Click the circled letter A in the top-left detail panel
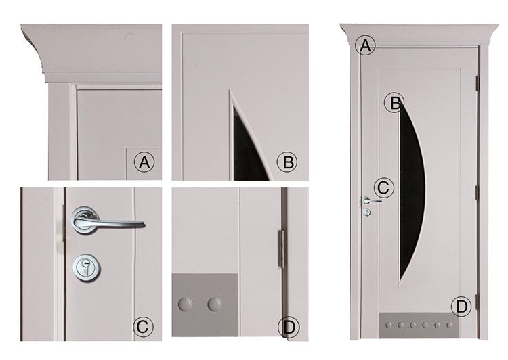click(x=144, y=162)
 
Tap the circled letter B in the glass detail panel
click(x=287, y=162)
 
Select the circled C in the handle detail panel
click(x=143, y=327)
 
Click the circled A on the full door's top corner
click(x=365, y=45)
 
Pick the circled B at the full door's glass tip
click(x=394, y=103)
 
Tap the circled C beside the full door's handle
click(x=384, y=187)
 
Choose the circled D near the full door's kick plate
click(x=462, y=306)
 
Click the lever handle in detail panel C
click(x=107, y=220)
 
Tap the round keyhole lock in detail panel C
click(x=86, y=267)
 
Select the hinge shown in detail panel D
click(x=282, y=249)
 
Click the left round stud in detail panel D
click(x=185, y=305)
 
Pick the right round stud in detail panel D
click(x=215, y=305)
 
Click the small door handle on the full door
click(x=371, y=201)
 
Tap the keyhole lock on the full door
click(x=367, y=212)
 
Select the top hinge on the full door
click(x=477, y=83)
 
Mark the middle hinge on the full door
click(x=478, y=192)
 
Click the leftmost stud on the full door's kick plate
click(x=389, y=325)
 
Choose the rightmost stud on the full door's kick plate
click(x=449, y=325)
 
